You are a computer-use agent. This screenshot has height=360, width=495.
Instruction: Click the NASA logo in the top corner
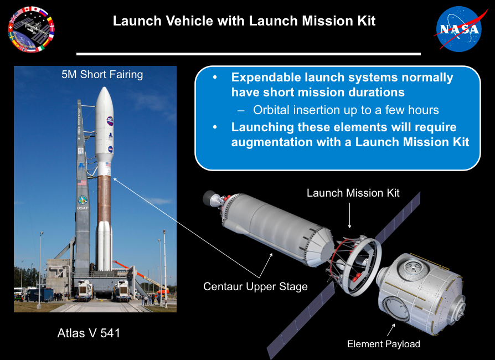(460, 29)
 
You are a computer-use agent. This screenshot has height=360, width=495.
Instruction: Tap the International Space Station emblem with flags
(31, 29)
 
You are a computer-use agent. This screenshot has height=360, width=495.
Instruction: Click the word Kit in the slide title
(366, 21)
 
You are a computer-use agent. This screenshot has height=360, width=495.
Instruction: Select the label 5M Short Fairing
(102, 75)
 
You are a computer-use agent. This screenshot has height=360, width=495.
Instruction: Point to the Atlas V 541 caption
(89, 333)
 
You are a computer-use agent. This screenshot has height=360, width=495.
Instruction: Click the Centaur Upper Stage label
(255, 286)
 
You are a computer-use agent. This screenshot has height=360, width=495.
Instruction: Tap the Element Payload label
(384, 344)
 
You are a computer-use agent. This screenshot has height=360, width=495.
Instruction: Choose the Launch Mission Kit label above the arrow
(353, 193)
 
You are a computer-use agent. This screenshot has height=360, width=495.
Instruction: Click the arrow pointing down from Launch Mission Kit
(349, 215)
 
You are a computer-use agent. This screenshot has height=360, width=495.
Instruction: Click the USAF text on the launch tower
(82, 208)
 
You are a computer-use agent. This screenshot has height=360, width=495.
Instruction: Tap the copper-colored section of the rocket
(104, 199)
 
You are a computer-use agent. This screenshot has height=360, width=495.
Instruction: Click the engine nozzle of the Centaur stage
(210, 198)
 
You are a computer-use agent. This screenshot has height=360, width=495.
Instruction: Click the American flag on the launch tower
(82, 183)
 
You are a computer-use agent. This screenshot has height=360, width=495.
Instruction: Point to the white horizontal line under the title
(249, 54)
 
